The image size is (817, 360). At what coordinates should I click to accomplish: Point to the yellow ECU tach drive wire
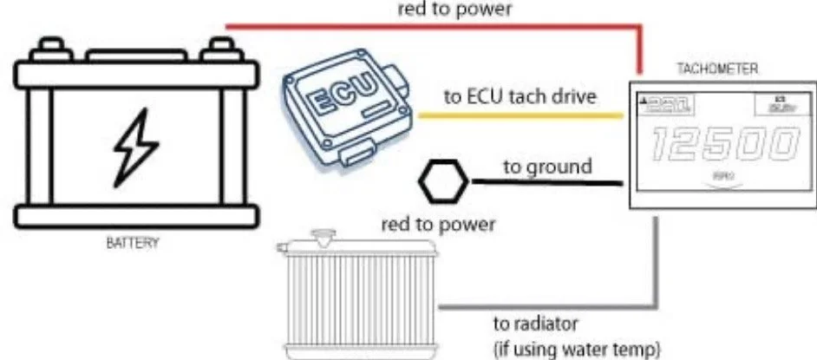click(x=520, y=114)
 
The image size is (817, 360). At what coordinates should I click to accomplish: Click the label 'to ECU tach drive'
click(x=520, y=96)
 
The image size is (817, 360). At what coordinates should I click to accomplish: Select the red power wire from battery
click(x=434, y=27)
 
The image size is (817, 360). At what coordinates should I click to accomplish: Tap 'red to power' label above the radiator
click(x=439, y=225)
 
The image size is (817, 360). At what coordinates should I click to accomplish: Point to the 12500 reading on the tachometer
click(x=722, y=146)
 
